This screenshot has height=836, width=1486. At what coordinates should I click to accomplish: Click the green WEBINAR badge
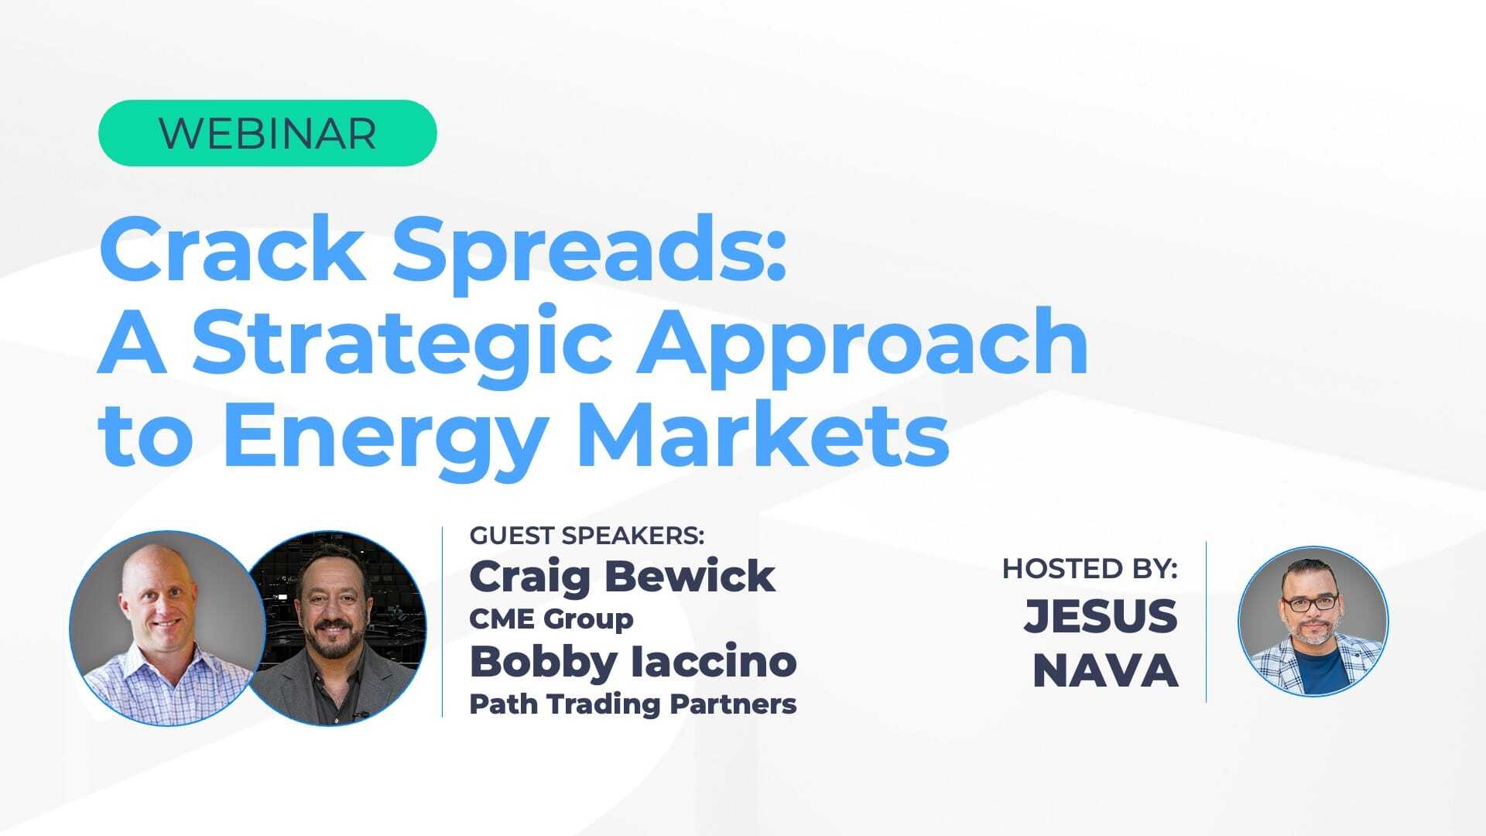pos(267,133)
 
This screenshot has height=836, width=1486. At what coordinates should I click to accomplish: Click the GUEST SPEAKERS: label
pos(587,536)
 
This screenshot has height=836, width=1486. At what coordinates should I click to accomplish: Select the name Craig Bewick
pos(622,577)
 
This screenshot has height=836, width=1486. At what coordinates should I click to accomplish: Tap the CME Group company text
pos(551,618)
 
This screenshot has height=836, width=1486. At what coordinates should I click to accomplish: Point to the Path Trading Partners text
pos(633,704)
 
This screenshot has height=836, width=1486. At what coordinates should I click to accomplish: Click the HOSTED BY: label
pos(1090,569)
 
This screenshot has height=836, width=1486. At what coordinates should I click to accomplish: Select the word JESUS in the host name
pos(1101,616)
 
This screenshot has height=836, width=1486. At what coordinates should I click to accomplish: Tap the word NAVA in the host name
pos(1105,670)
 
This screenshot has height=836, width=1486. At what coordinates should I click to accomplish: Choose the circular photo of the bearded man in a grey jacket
pos(334,628)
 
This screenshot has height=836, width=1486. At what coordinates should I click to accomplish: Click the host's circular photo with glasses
pos(1313,621)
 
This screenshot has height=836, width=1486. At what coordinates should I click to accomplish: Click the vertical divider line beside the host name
pos(1207,622)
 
